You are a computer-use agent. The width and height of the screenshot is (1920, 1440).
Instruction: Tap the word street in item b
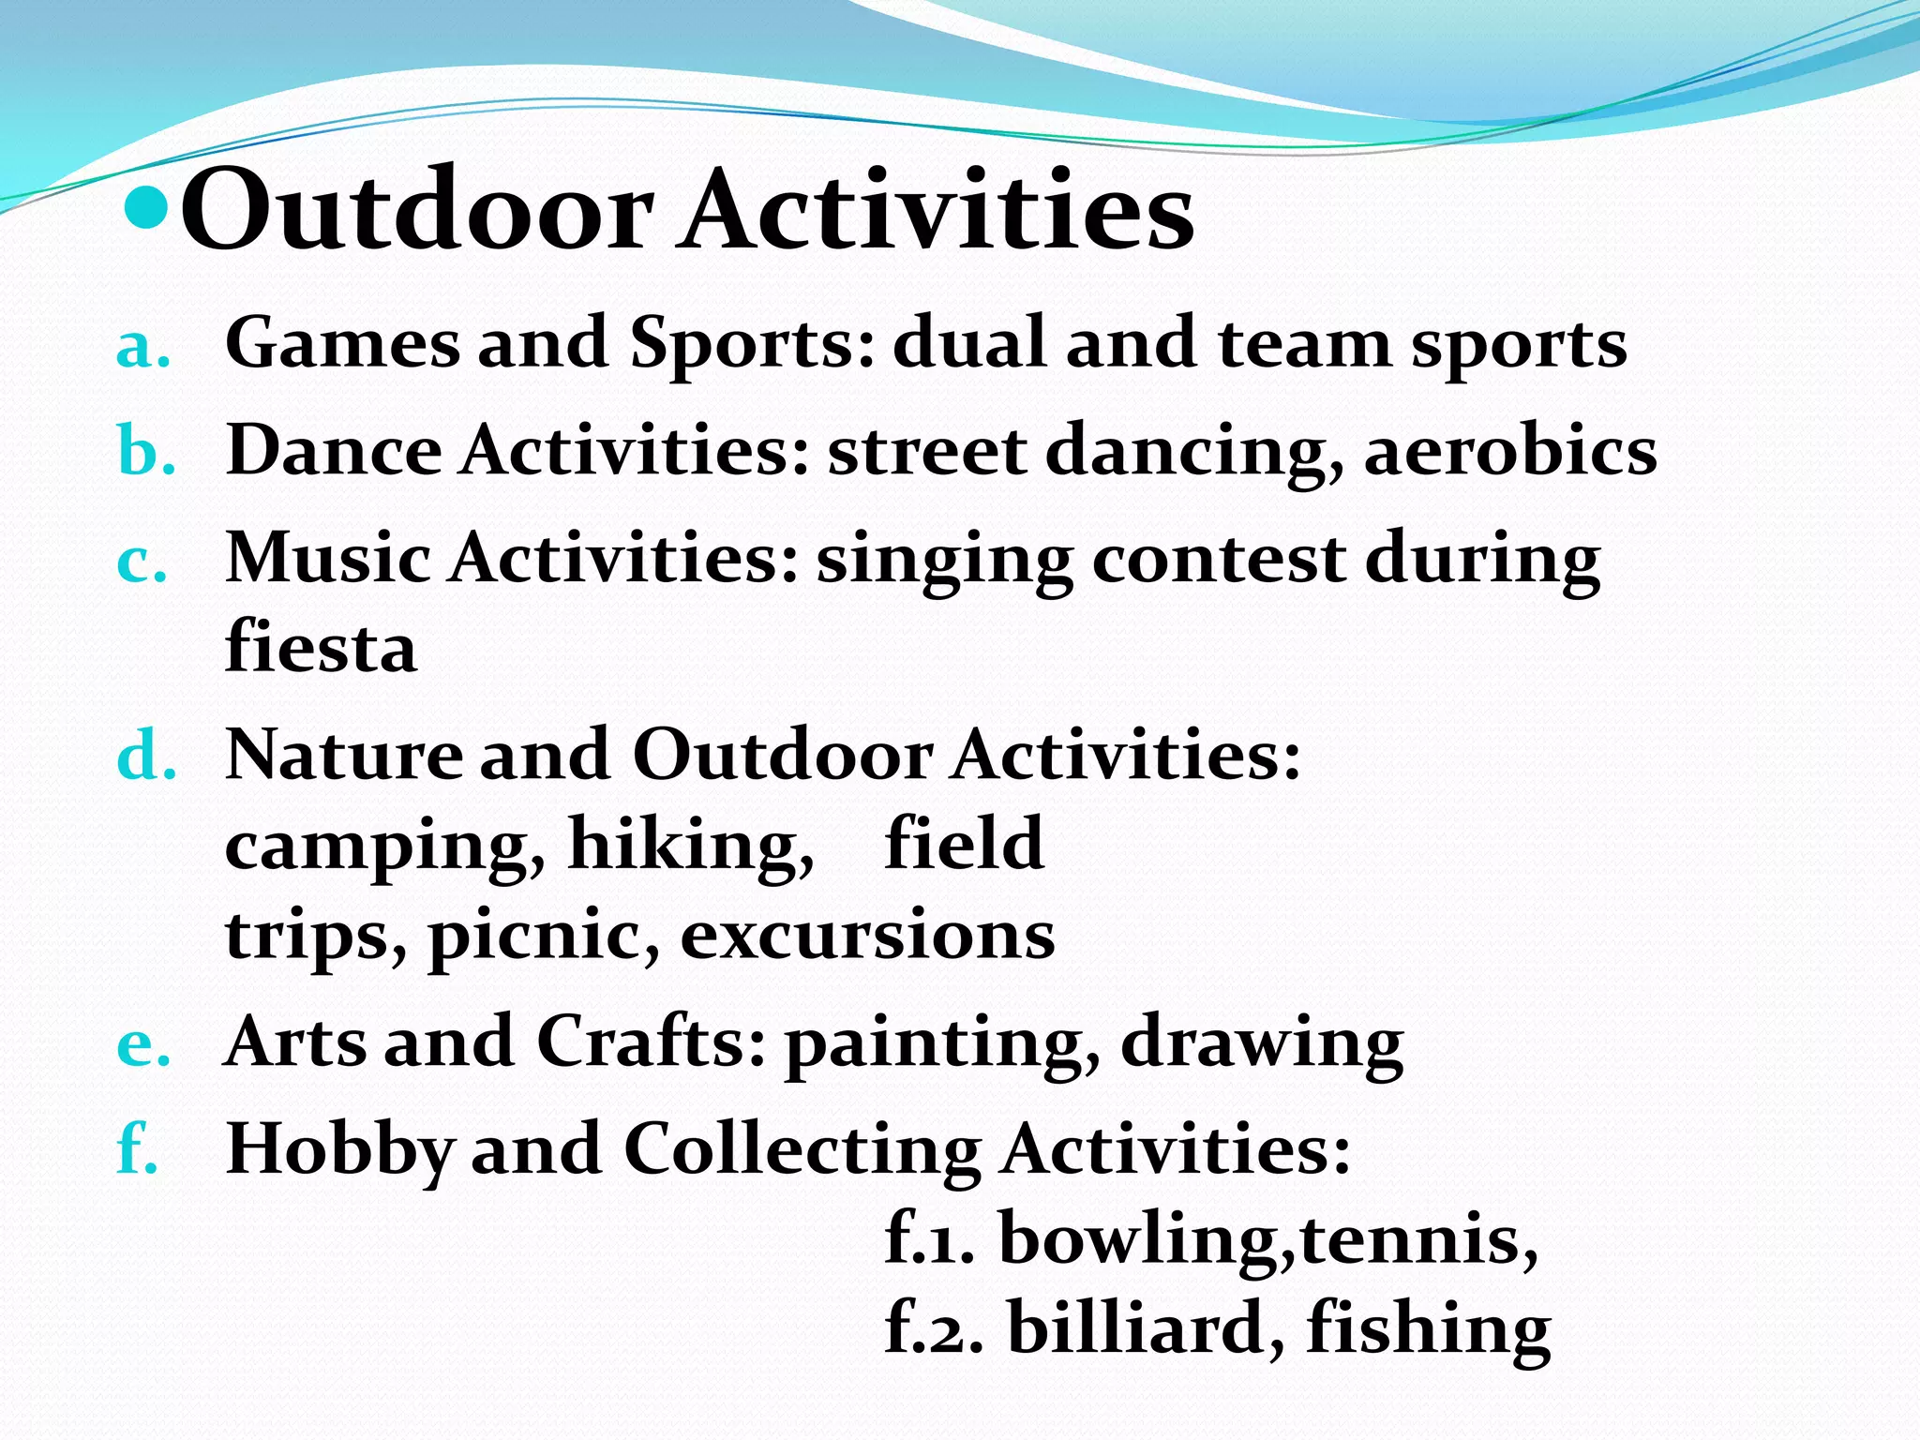(x=926, y=451)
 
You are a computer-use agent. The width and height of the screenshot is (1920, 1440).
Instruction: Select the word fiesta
(x=321, y=647)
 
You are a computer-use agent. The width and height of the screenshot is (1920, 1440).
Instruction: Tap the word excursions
(x=867, y=935)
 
